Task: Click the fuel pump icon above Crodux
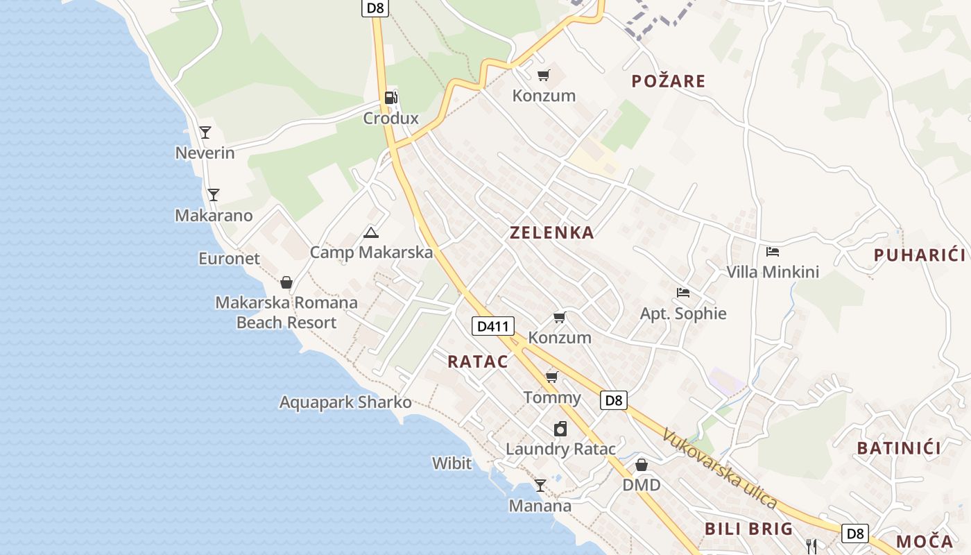click(x=391, y=98)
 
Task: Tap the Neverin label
click(x=205, y=153)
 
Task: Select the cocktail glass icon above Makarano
click(x=214, y=195)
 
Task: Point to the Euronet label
click(x=229, y=259)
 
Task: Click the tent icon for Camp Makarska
click(x=371, y=232)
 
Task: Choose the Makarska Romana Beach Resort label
click(x=286, y=312)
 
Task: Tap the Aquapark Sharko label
click(x=345, y=402)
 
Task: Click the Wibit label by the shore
click(x=452, y=463)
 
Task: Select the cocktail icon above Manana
click(x=540, y=485)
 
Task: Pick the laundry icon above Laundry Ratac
click(x=560, y=429)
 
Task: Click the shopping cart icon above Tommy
click(x=552, y=377)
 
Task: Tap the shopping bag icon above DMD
click(x=642, y=464)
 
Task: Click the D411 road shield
click(x=492, y=325)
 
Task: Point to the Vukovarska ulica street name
click(x=719, y=468)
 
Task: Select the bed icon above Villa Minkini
click(x=773, y=251)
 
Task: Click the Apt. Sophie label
click(x=683, y=314)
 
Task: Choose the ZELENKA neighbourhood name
click(x=552, y=233)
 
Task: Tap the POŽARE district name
click(x=669, y=81)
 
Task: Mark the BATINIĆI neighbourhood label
click(x=899, y=448)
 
